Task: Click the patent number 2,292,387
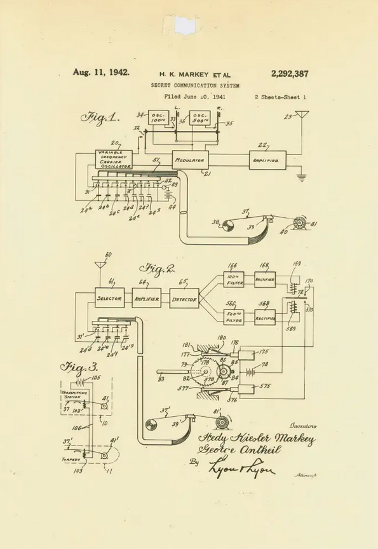(290, 74)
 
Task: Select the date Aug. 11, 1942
(101, 72)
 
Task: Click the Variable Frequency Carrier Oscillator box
(115, 159)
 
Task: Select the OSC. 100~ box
(159, 118)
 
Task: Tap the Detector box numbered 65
(184, 298)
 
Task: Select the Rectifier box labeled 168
(265, 278)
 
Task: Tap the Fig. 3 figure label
(78, 367)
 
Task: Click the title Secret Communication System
(196, 85)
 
